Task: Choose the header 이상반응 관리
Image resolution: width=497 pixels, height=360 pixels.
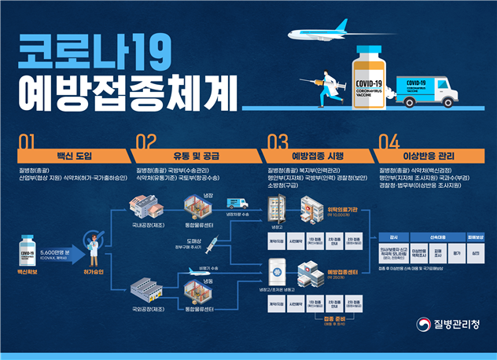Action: [x=430, y=155]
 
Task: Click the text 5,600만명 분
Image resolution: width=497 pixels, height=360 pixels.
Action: [x=57, y=252]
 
